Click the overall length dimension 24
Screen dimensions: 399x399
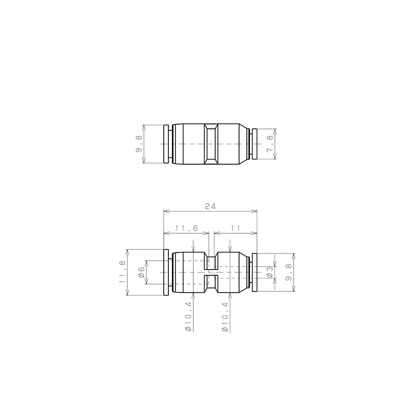pyautogui.click(x=210, y=206)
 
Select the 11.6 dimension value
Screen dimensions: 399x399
pyautogui.click(x=187, y=228)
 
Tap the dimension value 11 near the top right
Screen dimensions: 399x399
pyautogui.click(x=235, y=228)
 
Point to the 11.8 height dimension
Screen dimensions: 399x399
pyautogui.click(x=123, y=272)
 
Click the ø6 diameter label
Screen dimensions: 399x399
pyautogui.click(x=141, y=272)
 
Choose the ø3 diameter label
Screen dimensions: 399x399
pyautogui.click(x=270, y=272)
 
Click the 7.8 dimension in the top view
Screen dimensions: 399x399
pyautogui.click(x=270, y=144)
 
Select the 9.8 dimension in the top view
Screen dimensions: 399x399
pyautogui.click(x=139, y=144)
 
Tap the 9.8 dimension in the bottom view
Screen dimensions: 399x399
pyautogui.click(x=288, y=272)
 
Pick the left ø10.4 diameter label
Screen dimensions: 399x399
pyautogui.click(x=188, y=317)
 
